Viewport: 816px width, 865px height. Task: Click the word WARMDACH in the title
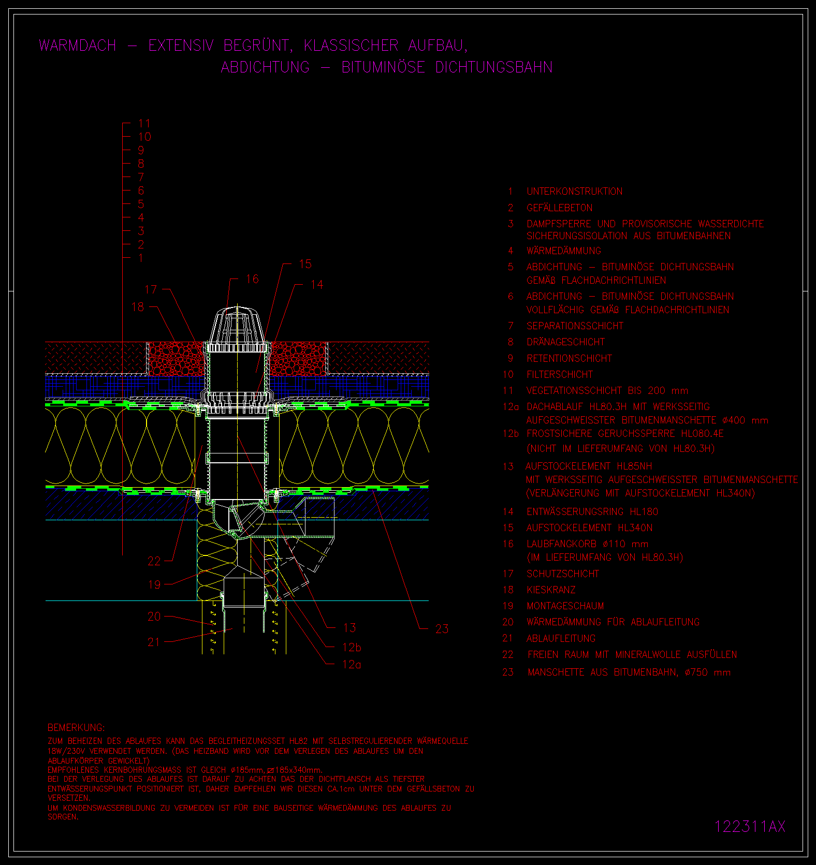[78, 46]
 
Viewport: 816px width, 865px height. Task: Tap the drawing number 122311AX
[750, 826]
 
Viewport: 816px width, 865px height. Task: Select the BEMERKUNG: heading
[76, 727]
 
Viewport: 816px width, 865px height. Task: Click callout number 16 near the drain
[252, 279]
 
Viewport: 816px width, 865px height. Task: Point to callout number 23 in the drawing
[442, 629]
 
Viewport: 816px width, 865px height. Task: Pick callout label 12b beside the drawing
[352, 647]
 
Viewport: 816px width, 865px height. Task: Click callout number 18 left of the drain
[138, 307]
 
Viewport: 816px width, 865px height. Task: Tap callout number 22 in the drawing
[154, 561]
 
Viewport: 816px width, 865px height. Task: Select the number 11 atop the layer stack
[144, 124]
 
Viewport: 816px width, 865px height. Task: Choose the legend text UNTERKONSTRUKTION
[575, 192]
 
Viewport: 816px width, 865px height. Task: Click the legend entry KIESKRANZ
[551, 590]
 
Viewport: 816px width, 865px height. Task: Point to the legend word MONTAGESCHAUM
[565, 606]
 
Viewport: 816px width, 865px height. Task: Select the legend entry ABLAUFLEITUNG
[561, 639]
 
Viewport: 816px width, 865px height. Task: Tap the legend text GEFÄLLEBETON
[560, 208]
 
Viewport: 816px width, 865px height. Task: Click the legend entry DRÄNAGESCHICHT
[565, 342]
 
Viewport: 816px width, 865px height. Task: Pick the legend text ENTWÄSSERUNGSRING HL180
[592, 512]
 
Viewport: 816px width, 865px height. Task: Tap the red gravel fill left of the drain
[176, 359]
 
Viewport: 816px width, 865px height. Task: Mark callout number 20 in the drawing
[154, 617]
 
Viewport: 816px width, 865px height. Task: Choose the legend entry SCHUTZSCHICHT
[563, 574]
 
